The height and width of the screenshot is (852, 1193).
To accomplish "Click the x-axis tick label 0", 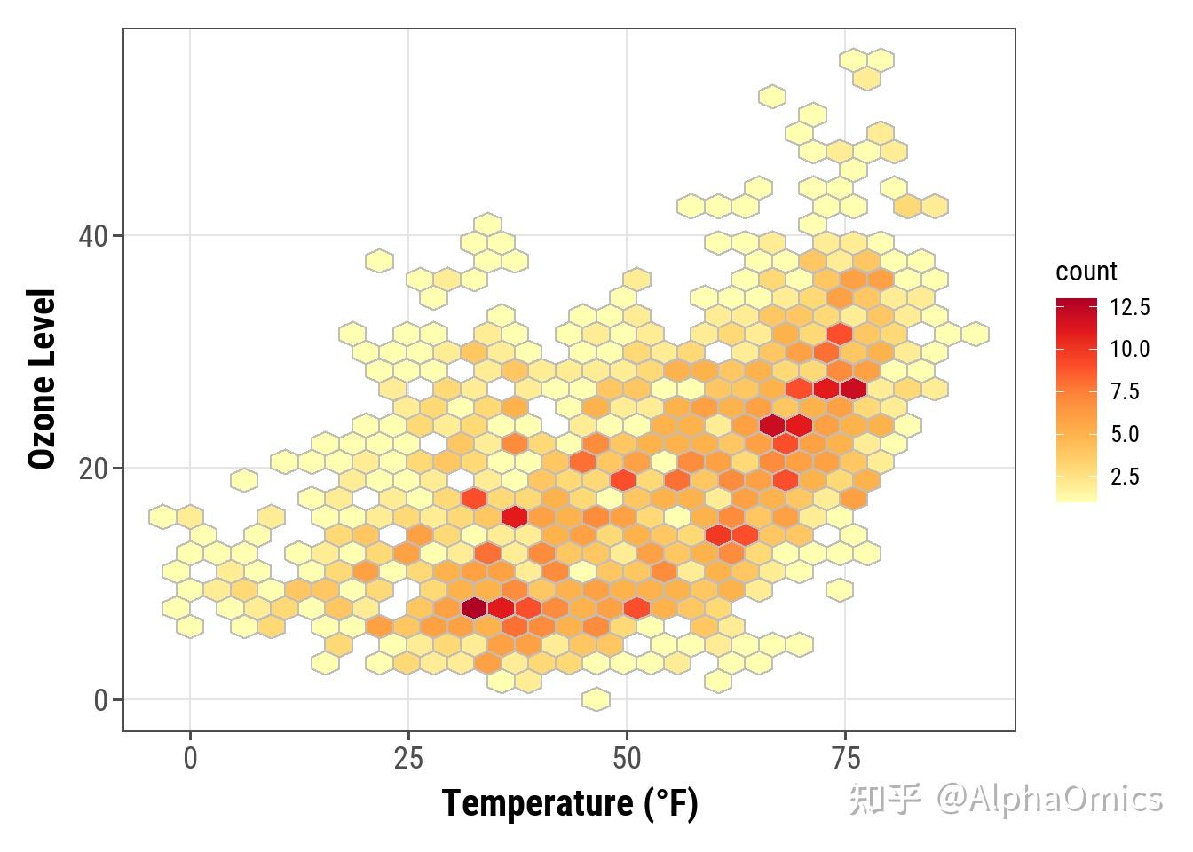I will pyautogui.click(x=190, y=759).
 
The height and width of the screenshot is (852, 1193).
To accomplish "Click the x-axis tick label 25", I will pyautogui.click(x=408, y=759).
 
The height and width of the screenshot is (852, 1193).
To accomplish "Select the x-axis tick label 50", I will pyautogui.click(x=627, y=759).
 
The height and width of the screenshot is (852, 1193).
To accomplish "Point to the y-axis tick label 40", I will pyautogui.click(x=92, y=237).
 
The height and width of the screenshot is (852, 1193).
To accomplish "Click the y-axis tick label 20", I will pyautogui.click(x=92, y=469).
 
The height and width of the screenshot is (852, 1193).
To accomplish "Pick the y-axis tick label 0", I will pyautogui.click(x=100, y=700).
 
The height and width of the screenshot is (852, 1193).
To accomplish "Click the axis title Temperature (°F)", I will pyautogui.click(x=570, y=803).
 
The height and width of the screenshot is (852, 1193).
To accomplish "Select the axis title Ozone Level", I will pyautogui.click(x=42, y=378).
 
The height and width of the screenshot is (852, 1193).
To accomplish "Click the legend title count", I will pyautogui.click(x=1086, y=272).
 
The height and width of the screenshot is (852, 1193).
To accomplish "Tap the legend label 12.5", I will pyautogui.click(x=1130, y=307).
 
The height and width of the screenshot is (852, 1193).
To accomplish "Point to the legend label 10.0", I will pyautogui.click(x=1130, y=349).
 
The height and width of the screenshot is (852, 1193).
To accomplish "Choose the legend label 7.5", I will pyautogui.click(x=1125, y=391).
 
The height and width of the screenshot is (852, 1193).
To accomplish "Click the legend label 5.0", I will pyautogui.click(x=1125, y=434).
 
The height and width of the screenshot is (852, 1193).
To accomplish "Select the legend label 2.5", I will pyautogui.click(x=1125, y=477).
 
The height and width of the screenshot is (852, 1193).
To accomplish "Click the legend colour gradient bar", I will pyautogui.click(x=1076, y=399).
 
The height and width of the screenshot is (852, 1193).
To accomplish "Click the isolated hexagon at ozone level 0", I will pyautogui.click(x=596, y=699).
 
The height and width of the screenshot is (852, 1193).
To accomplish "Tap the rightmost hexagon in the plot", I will pyautogui.click(x=975, y=334).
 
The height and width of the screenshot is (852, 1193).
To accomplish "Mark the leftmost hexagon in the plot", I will pyautogui.click(x=162, y=516).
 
